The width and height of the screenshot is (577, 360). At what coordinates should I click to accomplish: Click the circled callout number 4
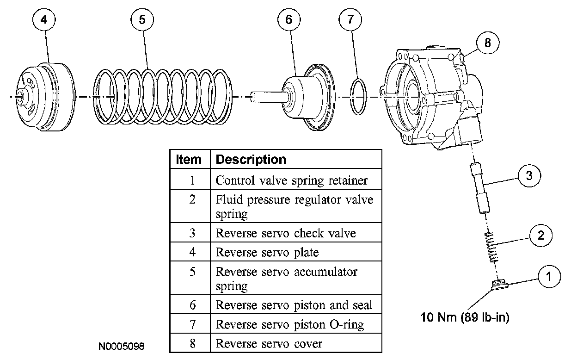click(x=44, y=19)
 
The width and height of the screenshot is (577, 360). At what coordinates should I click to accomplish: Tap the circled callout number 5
click(x=142, y=19)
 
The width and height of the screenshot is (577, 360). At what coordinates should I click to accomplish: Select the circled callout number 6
click(x=289, y=19)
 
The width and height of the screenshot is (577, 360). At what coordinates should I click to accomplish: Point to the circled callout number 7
click(x=350, y=19)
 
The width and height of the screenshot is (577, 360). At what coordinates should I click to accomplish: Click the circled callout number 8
click(x=488, y=43)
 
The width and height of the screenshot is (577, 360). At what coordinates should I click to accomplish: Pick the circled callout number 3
click(x=529, y=176)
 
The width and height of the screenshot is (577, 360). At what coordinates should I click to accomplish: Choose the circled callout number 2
click(x=541, y=235)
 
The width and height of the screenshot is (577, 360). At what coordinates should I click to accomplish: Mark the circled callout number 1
click(x=549, y=276)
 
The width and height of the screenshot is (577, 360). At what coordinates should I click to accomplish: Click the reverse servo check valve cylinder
click(x=480, y=188)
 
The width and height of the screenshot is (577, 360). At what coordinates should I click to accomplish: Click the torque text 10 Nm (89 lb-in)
click(x=465, y=317)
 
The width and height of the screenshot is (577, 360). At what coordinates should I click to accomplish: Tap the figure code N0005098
click(x=121, y=346)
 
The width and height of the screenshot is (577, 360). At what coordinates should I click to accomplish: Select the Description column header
click(x=251, y=159)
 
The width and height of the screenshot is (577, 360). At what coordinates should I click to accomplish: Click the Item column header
click(x=188, y=159)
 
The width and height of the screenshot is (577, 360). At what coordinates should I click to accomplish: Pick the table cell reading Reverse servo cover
click(x=269, y=343)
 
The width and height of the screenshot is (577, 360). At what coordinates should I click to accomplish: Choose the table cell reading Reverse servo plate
click(x=267, y=252)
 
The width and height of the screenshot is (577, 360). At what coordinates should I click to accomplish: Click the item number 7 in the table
click(x=192, y=324)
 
